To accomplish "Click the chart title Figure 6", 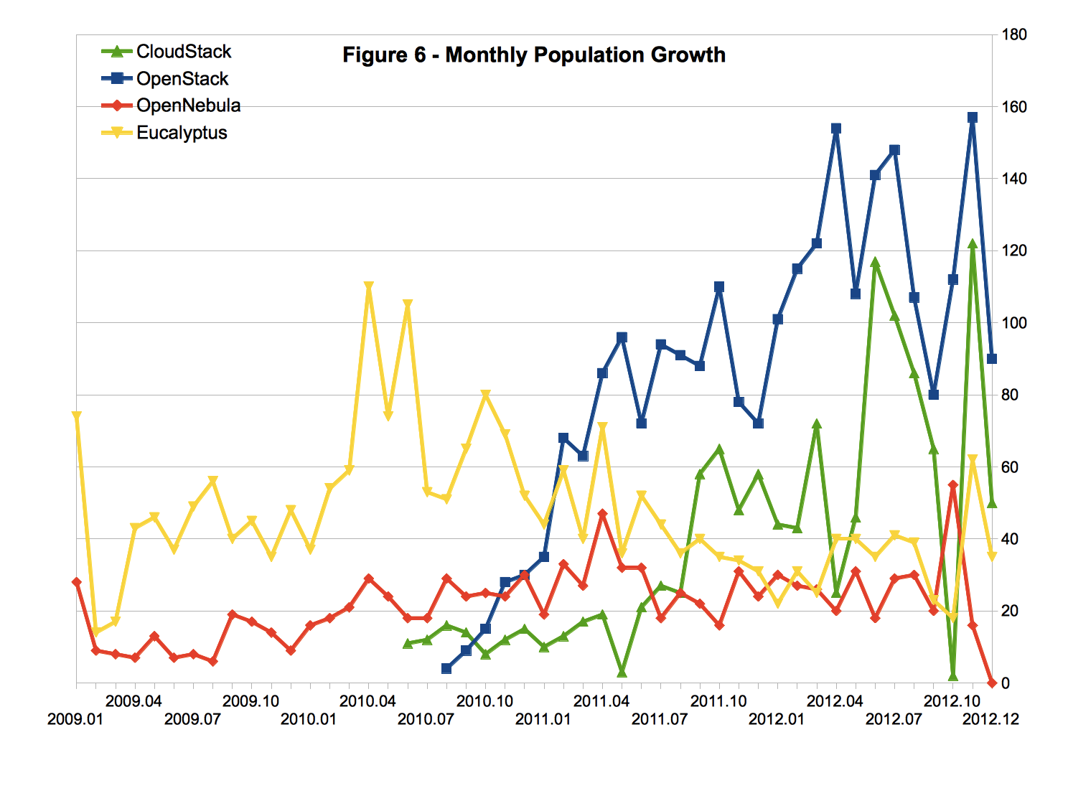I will point(533,55).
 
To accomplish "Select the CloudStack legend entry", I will point(184,52).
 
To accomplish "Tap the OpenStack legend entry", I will point(182,79).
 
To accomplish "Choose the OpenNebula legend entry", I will point(188,106).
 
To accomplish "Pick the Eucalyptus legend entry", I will point(182,133).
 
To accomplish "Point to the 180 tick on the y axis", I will point(1014,34).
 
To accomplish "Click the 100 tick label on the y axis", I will point(1014,323).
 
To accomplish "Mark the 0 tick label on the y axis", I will point(1006,683).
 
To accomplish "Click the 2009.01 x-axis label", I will point(75,719).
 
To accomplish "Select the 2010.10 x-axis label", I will point(484,701).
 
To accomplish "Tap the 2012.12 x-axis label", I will point(990,719).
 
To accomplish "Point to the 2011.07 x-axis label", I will point(660,719).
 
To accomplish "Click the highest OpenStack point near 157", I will point(973,117).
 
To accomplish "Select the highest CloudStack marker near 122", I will point(973,244).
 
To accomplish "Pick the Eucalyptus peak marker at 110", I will point(369,287).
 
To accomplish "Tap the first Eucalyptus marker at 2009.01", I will point(77,416).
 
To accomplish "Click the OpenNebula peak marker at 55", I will point(953,485).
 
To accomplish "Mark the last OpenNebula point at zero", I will point(992,683).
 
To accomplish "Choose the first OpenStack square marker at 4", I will point(446,668).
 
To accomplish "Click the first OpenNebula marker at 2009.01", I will point(77,582).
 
